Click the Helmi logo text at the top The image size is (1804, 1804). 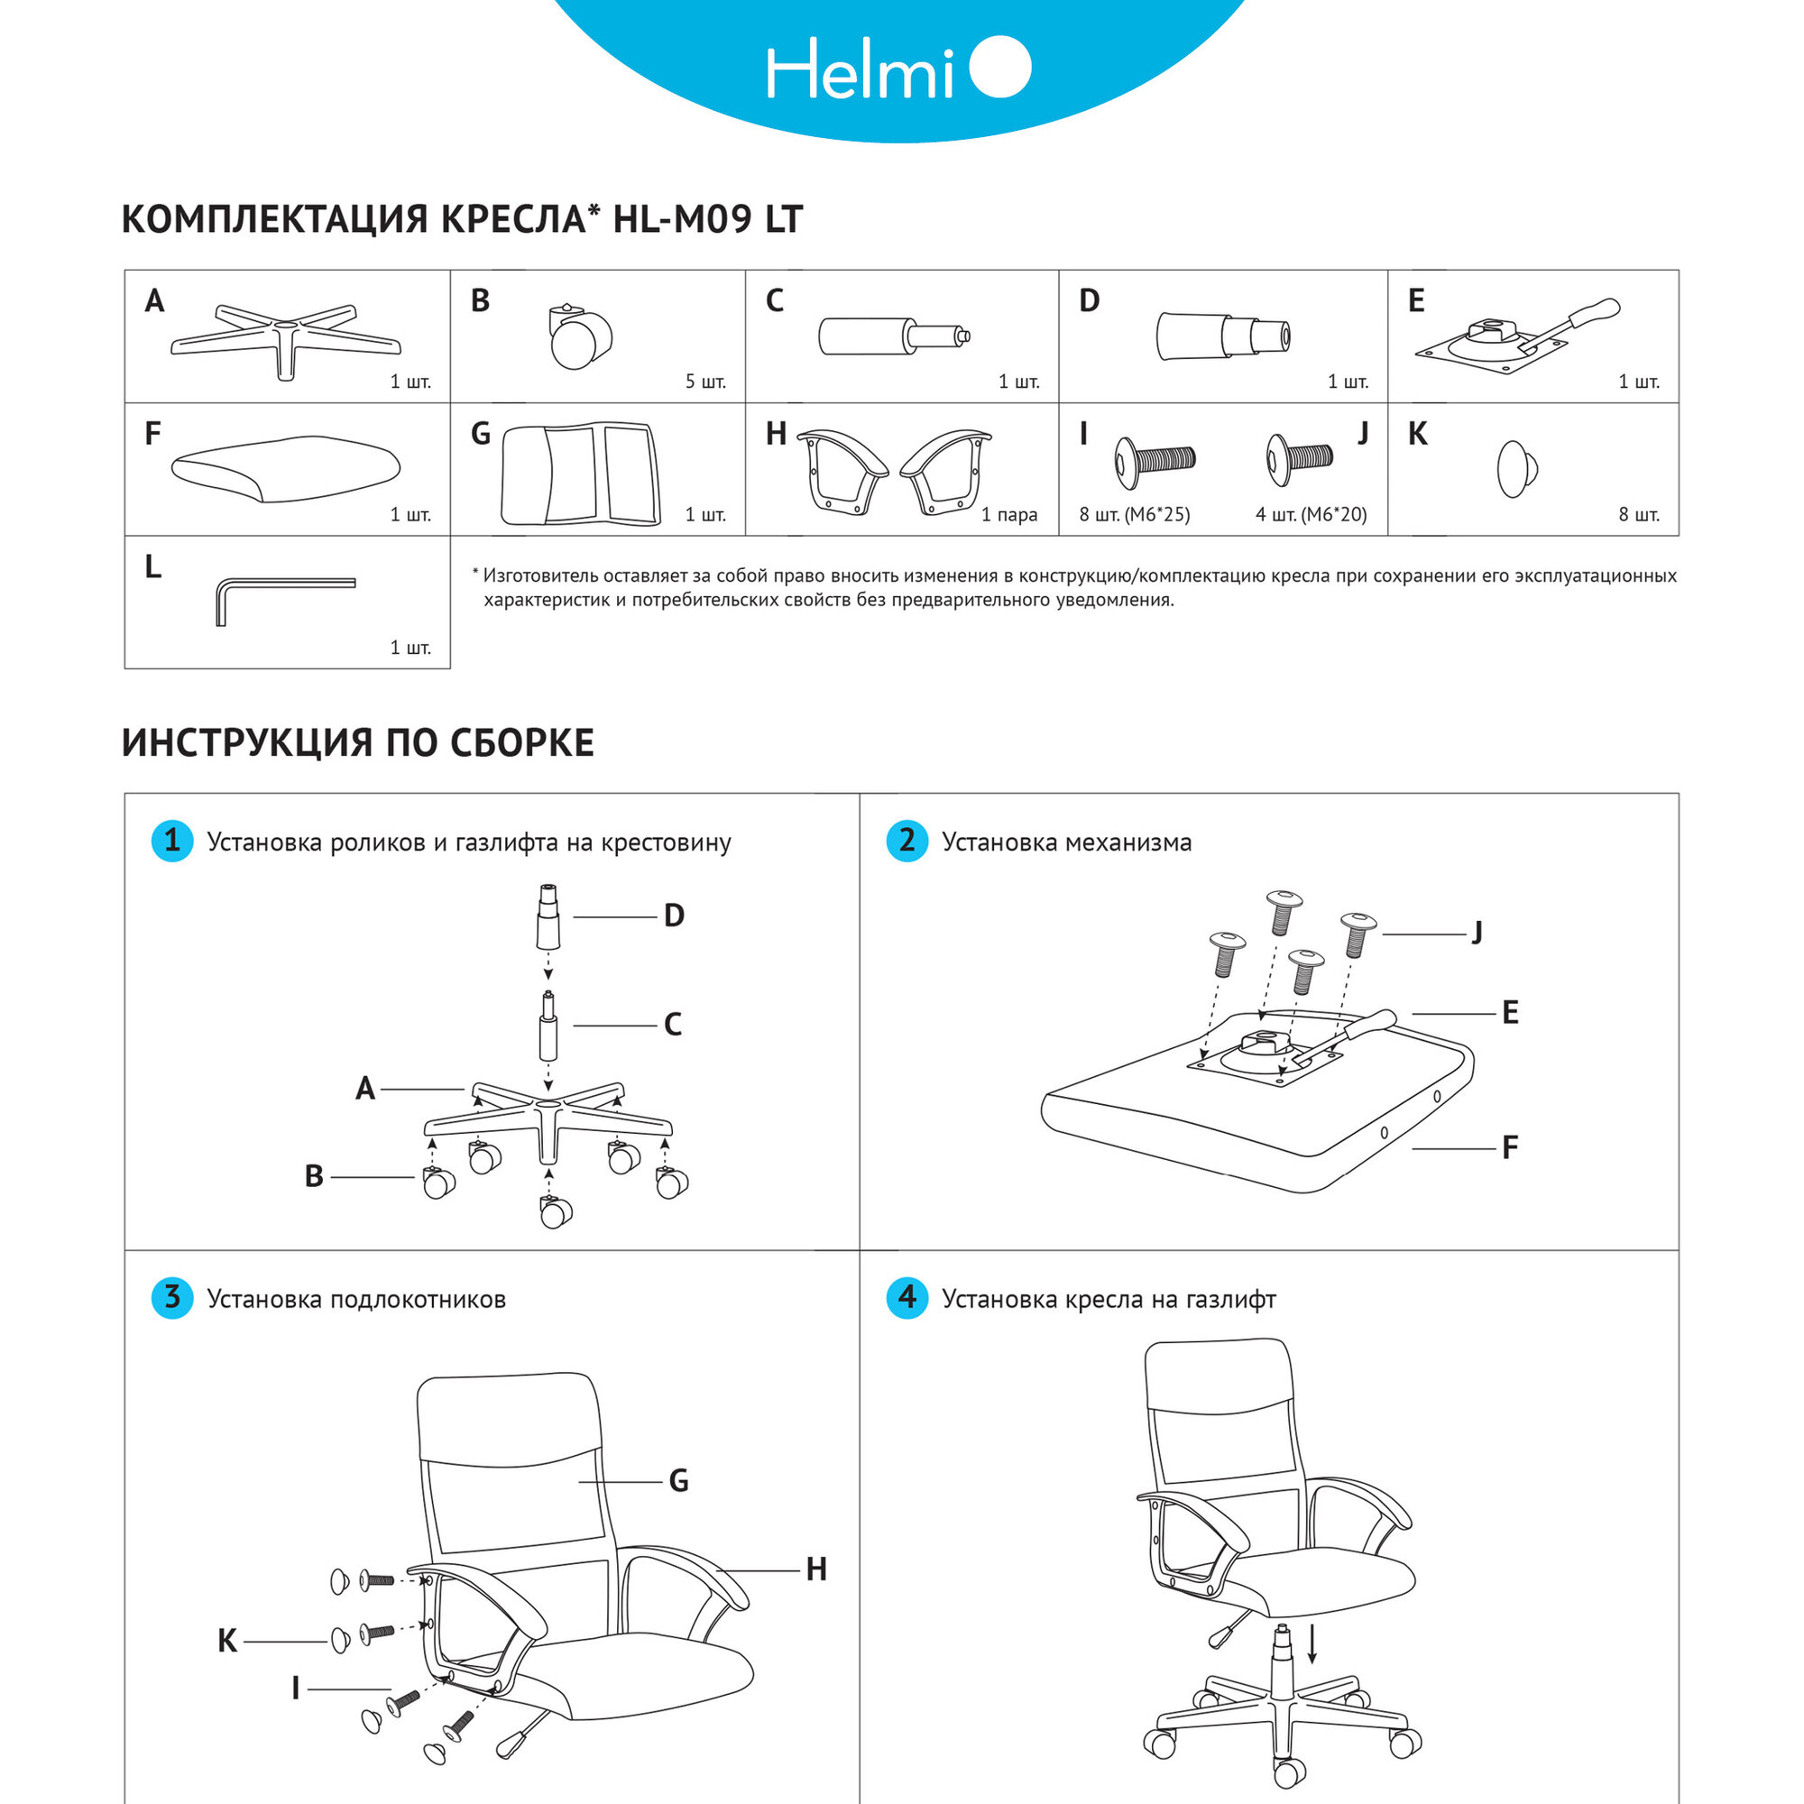[x=860, y=70]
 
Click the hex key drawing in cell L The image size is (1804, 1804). [x=281, y=595]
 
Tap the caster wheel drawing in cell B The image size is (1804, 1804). [x=579, y=337]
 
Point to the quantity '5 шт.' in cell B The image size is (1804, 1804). [x=705, y=382]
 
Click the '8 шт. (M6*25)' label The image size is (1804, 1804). [x=1135, y=514]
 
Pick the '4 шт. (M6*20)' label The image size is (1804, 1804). [x=1311, y=514]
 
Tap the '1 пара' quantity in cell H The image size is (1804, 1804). [x=1008, y=514]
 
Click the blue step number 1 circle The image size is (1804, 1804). [x=171, y=842]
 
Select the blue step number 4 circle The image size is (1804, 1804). [x=907, y=1298]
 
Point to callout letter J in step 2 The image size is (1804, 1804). [x=1477, y=932]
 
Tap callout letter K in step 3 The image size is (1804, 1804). [x=227, y=1641]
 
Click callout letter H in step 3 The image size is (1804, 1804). [x=816, y=1569]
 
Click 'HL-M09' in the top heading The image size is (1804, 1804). [x=683, y=219]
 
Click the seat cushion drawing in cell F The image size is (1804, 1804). [x=285, y=469]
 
